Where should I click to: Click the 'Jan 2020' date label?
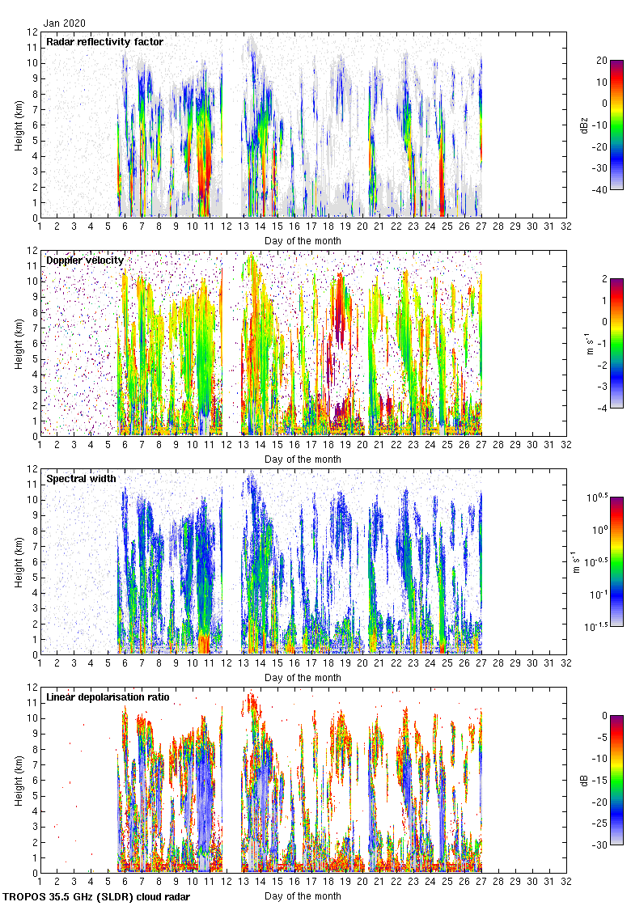click(66, 23)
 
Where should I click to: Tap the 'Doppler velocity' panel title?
click(85, 260)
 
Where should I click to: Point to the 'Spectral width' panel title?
click(81, 479)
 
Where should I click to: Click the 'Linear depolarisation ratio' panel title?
click(108, 697)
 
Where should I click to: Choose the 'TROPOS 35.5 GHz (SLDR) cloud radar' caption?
click(97, 897)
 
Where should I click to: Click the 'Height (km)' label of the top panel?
click(18, 125)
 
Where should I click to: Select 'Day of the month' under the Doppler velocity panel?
click(303, 459)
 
